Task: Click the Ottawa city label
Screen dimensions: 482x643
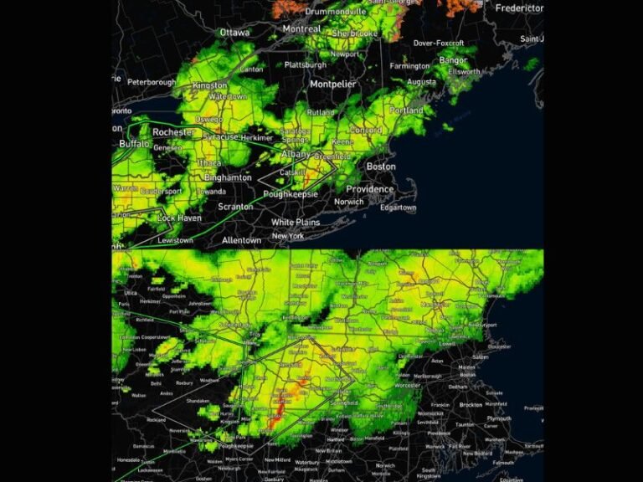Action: click(234, 33)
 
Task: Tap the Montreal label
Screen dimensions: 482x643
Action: click(301, 28)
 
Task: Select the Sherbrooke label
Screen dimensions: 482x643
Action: click(354, 33)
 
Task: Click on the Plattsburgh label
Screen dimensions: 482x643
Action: click(305, 64)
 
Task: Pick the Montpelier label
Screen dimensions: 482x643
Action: click(333, 84)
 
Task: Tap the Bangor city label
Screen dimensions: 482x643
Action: click(453, 60)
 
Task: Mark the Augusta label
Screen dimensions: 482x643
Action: click(421, 82)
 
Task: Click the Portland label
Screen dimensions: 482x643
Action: click(406, 110)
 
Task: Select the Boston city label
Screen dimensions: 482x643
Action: click(381, 167)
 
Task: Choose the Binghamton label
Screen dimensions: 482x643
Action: click(227, 178)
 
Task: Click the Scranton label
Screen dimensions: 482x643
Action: click(235, 207)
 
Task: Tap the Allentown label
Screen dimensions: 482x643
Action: click(241, 240)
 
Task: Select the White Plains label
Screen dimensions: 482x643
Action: click(296, 223)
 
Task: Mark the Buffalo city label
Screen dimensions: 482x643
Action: click(134, 144)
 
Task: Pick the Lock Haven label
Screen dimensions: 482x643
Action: click(178, 218)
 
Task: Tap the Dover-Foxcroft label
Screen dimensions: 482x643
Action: click(438, 43)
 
